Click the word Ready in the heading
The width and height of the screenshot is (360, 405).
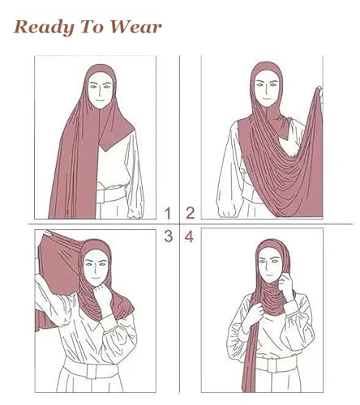41,27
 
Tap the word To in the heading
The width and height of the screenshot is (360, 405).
90,27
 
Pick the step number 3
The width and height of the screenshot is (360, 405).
168,237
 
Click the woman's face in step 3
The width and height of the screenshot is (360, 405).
96,264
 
